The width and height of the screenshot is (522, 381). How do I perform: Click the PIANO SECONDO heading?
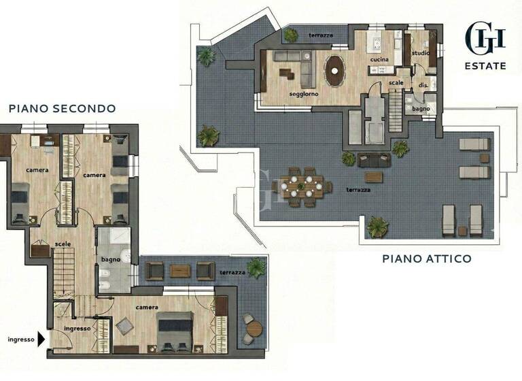(62, 108)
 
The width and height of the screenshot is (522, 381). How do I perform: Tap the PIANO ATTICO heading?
(426, 259)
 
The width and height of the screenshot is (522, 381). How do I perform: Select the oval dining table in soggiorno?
(334, 70)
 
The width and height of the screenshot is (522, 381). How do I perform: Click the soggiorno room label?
(303, 94)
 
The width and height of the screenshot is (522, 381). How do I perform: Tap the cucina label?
(379, 59)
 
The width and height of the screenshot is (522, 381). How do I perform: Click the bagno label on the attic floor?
(420, 108)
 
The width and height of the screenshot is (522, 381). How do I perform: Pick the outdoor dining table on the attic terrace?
(304, 186)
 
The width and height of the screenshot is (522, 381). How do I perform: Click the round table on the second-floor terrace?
(253, 329)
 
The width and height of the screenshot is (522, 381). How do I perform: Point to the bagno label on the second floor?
(111, 259)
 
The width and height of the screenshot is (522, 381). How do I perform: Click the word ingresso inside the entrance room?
(77, 329)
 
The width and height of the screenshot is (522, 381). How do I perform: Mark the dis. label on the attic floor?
(423, 85)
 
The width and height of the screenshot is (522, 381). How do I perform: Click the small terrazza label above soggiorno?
(321, 35)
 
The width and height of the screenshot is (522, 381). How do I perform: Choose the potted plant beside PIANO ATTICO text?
(377, 227)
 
